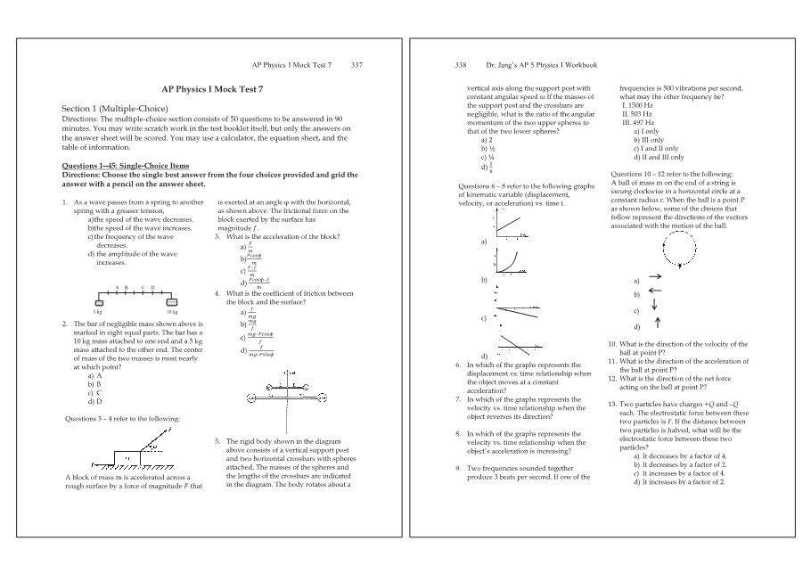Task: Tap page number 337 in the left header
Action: coord(356,66)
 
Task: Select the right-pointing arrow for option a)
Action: coord(654,277)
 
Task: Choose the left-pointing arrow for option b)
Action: coord(654,292)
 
